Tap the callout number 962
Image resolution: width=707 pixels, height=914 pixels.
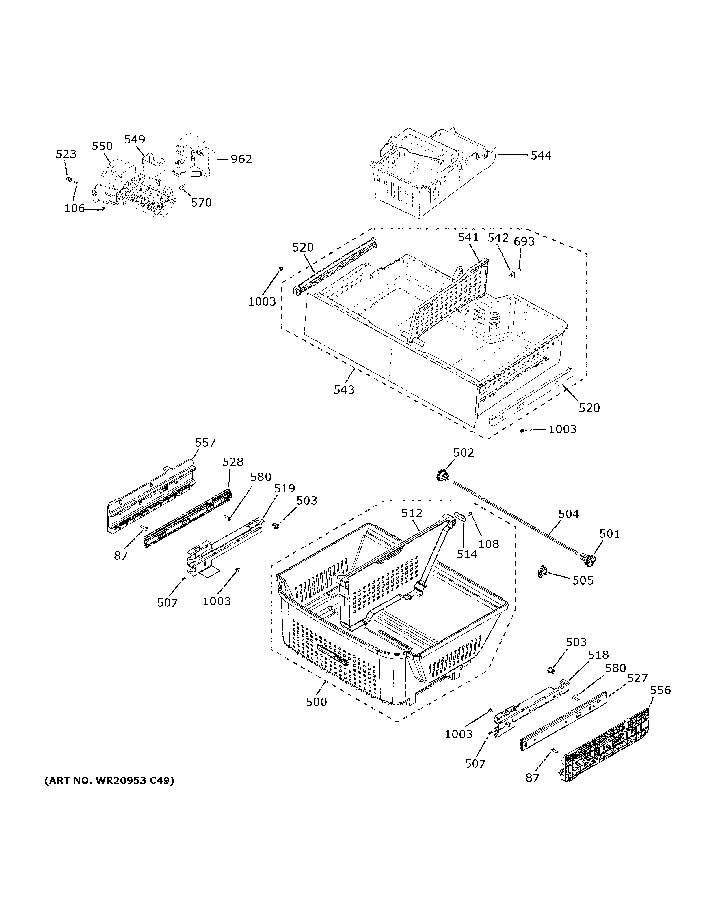[x=241, y=159]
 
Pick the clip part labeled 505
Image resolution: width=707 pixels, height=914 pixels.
[x=542, y=572]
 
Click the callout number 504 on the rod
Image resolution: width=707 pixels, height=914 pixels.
[x=568, y=514]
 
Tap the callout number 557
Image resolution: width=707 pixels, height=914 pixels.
[x=205, y=443]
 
